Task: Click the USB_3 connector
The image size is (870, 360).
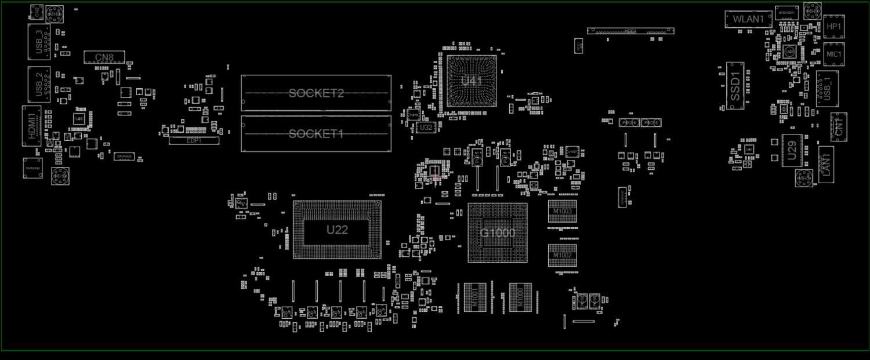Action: click(x=39, y=42)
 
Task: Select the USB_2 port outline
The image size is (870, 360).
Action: click(x=39, y=85)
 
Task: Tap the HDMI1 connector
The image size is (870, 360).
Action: click(x=32, y=126)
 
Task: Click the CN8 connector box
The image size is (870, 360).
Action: click(x=104, y=57)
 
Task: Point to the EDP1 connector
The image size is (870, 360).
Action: click(x=194, y=140)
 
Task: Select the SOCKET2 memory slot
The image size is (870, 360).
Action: click(x=316, y=93)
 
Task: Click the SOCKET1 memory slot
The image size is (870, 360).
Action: click(x=316, y=134)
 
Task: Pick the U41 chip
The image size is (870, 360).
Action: click(x=472, y=81)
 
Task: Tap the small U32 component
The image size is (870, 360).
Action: click(x=426, y=127)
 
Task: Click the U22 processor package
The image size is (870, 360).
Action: click(x=337, y=230)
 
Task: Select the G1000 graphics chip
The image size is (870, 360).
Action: click(x=497, y=233)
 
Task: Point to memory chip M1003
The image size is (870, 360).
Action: click(x=562, y=212)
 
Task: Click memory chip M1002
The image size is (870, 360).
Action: click(x=562, y=255)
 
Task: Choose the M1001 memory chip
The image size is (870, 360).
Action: click(x=474, y=297)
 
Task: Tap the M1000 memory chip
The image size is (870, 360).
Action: click(x=520, y=297)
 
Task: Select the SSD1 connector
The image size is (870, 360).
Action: click(x=735, y=86)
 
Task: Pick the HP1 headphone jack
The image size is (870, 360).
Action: click(x=833, y=27)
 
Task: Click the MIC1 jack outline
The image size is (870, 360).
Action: click(x=833, y=54)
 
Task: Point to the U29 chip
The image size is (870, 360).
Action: click(x=792, y=150)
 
